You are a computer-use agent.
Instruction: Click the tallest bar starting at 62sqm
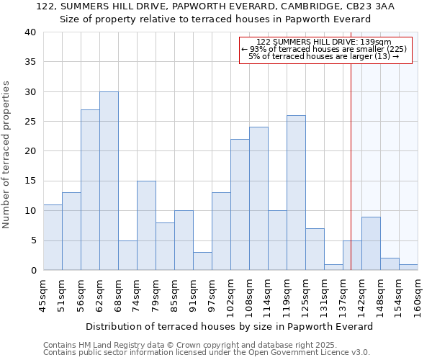(x=109, y=181)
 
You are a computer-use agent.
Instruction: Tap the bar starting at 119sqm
(x=296, y=192)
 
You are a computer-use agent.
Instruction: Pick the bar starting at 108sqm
(x=258, y=198)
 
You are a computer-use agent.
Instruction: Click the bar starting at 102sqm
(x=240, y=204)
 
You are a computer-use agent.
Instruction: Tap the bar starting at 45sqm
(x=53, y=237)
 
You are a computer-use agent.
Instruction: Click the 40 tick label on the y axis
(x=30, y=32)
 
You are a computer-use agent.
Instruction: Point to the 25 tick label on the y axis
(x=30, y=122)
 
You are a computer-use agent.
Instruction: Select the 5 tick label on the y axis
(x=32, y=240)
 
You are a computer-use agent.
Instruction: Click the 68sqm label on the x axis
(x=119, y=297)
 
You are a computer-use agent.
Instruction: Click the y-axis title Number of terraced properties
(x=6, y=154)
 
